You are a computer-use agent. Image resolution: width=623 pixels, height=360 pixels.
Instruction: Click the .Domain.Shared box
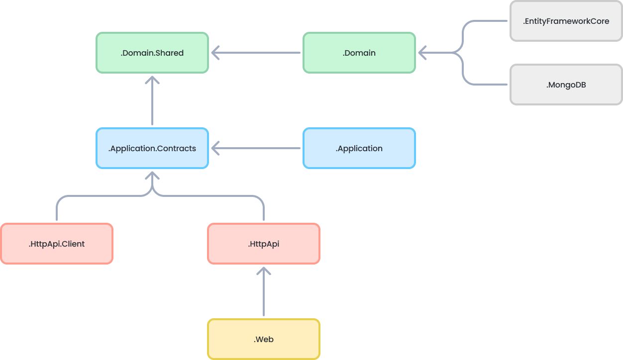tap(152, 53)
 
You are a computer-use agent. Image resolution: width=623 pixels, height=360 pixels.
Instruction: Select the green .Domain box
tap(359, 53)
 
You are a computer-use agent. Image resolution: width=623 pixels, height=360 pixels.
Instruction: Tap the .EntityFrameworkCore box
tap(566, 21)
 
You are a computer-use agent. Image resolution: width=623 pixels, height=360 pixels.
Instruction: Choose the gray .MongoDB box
tap(566, 85)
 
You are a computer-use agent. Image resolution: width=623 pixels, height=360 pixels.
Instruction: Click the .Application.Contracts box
tap(152, 148)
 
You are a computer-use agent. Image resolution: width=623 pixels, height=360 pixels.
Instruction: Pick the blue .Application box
tap(359, 148)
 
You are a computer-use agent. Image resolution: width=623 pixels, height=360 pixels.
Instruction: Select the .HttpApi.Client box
tap(56, 244)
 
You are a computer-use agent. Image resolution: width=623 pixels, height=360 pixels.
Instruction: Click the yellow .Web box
tap(263, 339)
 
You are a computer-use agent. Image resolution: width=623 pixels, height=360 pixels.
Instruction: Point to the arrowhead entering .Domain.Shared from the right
tap(215, 53)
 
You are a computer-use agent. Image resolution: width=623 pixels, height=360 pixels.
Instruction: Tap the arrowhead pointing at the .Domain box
tap(422, 53)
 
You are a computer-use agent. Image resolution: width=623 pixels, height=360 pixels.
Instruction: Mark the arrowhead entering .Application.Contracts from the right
tap(215, 148)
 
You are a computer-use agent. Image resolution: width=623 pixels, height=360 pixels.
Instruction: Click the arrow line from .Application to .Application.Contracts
tap(259, 148)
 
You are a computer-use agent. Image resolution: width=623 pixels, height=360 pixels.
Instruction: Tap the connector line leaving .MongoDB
tap(485, 85)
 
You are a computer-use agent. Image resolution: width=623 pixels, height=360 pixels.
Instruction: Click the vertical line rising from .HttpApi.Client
tap(57, 211)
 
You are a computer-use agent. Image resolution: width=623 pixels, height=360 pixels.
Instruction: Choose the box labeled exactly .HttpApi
tap(263, 244)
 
